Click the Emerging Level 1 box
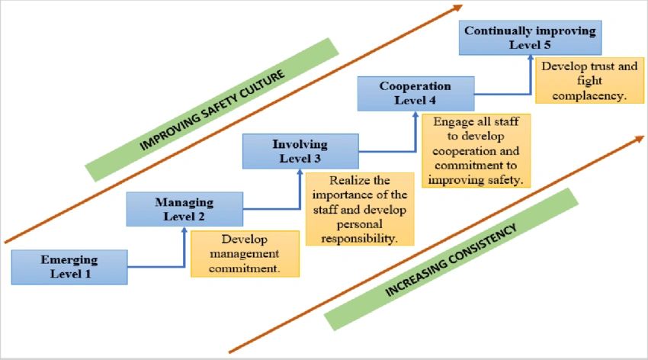(x=69, y=266)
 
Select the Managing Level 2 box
(x=184, y=209)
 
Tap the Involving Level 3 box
(x=300, y=151)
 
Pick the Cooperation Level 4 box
(x=415, y=93)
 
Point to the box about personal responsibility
(x=360, y=209)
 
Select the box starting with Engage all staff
(x=475, y=151)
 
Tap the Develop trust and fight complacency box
(x=589, y=81)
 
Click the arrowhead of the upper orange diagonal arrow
(x=457, y=8)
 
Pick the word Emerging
(x=69, y=259)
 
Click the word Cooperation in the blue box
(x=415, y=86)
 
